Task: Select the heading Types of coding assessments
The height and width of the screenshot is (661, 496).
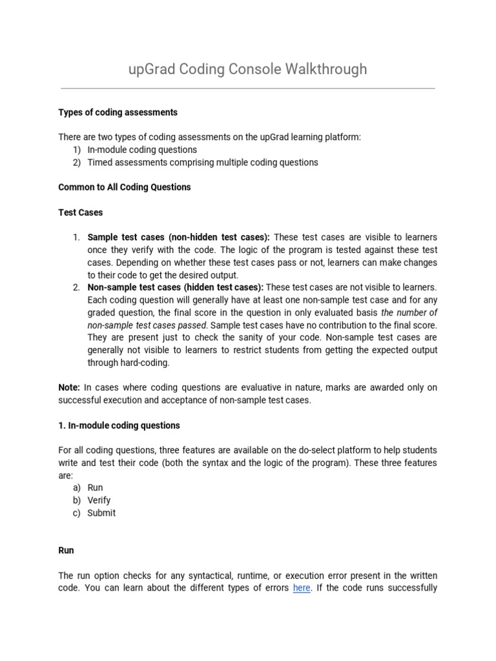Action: (x=118, y=112)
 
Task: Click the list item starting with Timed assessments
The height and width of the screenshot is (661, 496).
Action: (x=202, y=163)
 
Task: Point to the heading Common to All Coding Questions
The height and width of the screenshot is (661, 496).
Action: (x=125, y=187)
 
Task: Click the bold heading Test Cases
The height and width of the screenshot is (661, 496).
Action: (x=80, y=212)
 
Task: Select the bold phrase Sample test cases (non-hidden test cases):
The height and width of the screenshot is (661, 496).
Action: (x=178, y=238)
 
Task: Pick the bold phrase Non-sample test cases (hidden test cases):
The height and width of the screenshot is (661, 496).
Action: (x=175, y=287)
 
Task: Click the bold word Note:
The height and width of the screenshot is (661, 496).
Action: (x=69, y=387)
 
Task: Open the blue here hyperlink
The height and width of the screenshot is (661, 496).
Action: (x=302, y=588)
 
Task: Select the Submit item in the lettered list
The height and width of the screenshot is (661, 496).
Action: (x=101, y=513)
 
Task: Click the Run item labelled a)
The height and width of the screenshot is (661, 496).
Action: (x=95, y=488)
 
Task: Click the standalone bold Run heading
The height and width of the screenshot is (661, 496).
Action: (x=66, y=551)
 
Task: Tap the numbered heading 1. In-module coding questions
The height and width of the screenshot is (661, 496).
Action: (x=119, y=425)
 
